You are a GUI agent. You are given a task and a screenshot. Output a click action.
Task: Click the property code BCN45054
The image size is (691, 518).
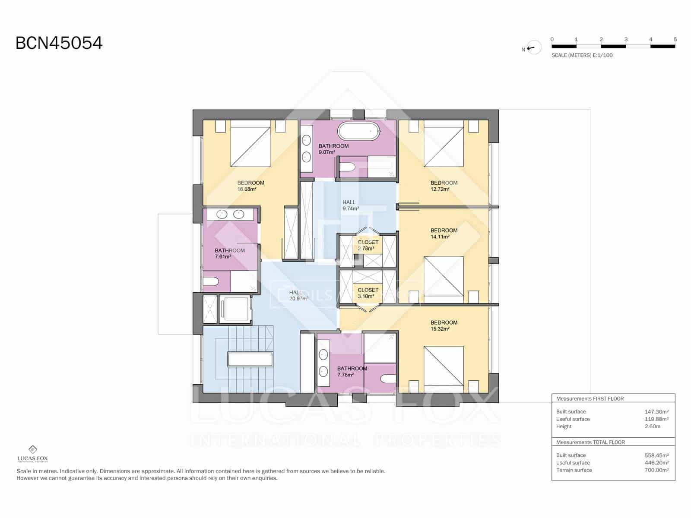tap(59, 43)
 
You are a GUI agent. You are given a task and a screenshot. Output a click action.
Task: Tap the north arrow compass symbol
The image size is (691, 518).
tap(534, 48)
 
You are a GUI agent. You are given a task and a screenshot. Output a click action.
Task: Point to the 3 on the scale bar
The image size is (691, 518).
tap(626, 39)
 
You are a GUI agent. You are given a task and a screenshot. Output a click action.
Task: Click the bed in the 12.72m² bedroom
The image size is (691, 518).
tap(444, 143)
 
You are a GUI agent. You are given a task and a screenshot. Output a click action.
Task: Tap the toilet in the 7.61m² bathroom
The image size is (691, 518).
tap(211, 282)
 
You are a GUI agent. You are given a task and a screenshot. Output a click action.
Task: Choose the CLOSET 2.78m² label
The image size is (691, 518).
tap(368, 245)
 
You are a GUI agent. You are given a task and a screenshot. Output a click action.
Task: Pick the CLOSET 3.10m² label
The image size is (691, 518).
tap(368, 293)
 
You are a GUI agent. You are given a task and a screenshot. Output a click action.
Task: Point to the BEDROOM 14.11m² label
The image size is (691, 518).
tap(444, 233)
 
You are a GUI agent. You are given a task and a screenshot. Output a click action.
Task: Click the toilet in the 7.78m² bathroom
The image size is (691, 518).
tap(388, 379)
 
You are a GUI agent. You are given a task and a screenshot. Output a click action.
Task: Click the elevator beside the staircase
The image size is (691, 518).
tap(235, 309)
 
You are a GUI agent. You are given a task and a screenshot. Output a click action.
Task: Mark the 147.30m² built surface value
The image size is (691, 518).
tap(656, 412)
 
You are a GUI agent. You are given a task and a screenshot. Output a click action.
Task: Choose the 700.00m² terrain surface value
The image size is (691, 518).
tap(656, 470)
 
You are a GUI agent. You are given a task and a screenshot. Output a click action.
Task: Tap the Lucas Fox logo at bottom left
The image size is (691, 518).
tap(32, 454)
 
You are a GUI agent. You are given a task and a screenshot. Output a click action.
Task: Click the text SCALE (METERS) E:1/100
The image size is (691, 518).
tap(582, 55)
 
